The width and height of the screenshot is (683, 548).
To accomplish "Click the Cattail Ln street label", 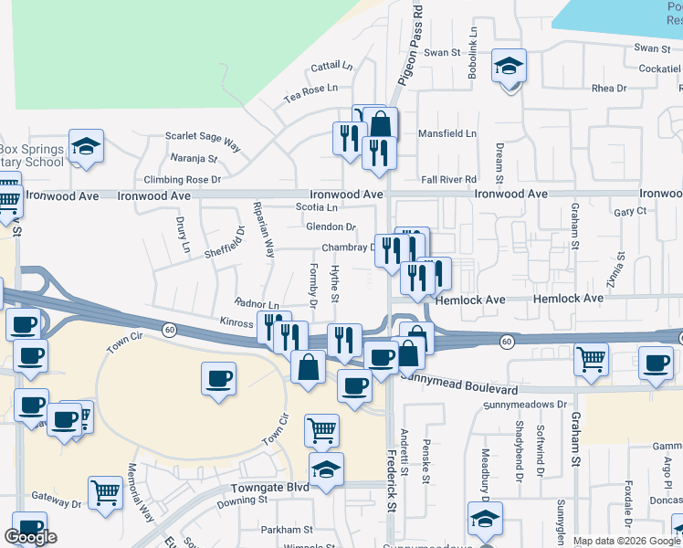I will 331,67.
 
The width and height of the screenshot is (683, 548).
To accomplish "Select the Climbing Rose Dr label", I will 183,180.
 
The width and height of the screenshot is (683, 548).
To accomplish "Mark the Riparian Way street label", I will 264,230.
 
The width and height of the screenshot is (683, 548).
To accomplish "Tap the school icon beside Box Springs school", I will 86,146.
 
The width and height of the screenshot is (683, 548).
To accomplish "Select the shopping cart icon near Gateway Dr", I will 106,493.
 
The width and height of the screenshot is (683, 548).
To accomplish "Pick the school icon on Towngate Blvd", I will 326,469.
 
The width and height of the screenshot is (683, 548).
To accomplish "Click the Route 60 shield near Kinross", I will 169,328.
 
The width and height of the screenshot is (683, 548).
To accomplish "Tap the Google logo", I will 30,537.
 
